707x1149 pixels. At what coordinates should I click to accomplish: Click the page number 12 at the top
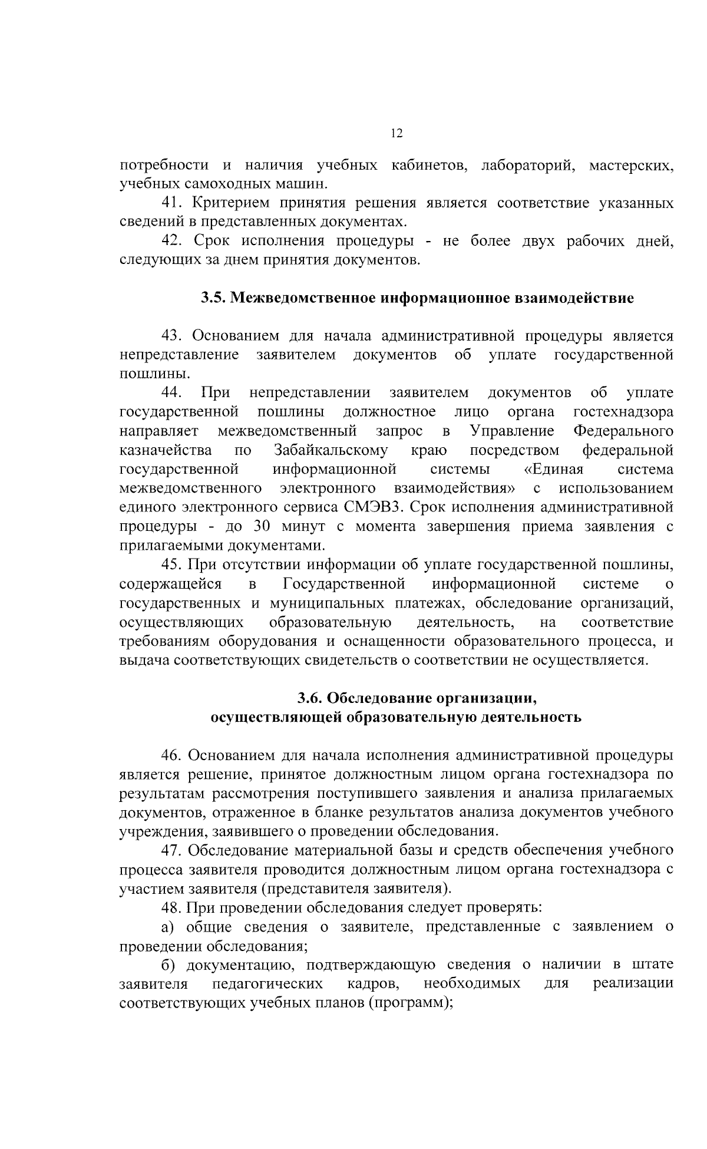397,134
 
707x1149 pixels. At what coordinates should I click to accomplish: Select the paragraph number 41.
173,203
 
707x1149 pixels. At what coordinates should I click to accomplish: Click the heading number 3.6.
309,698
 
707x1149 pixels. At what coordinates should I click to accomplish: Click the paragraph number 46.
173,755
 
